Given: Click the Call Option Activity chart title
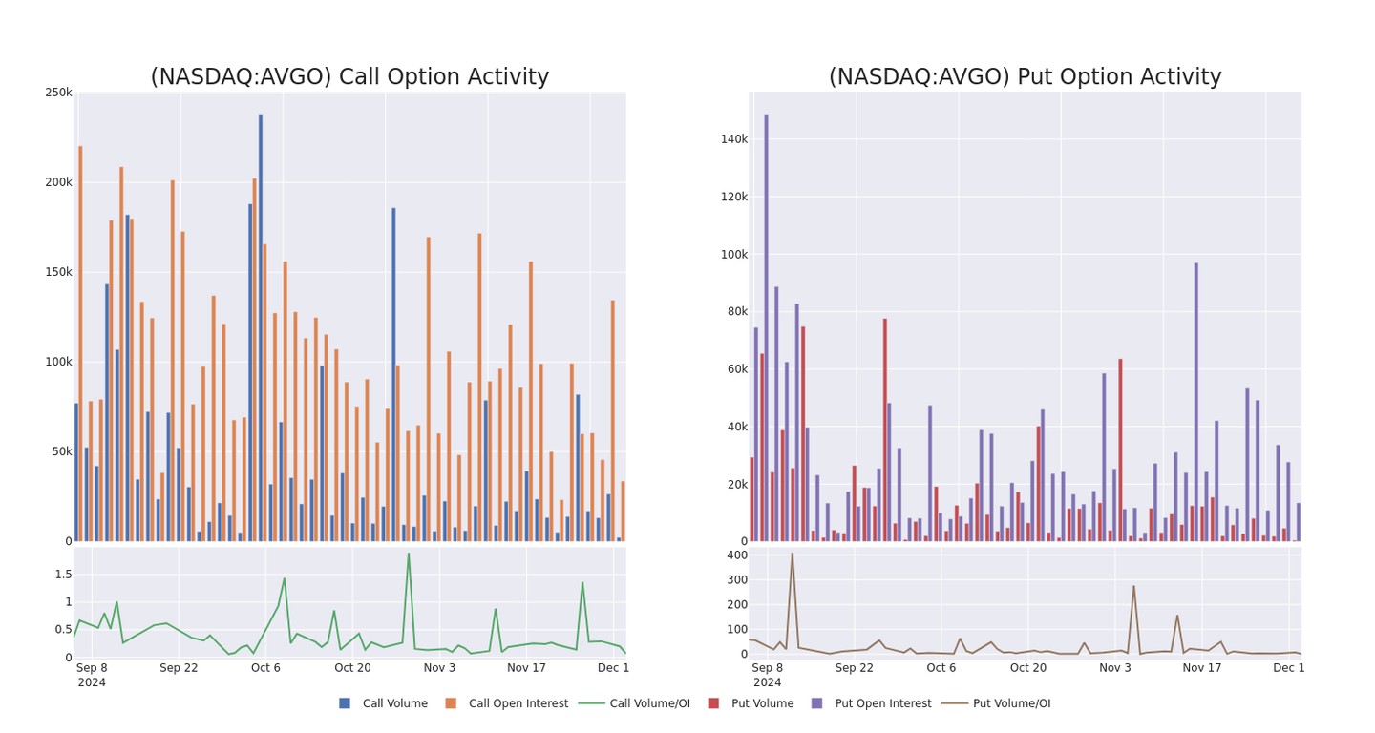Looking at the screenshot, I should pos(349,77).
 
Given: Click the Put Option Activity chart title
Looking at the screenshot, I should pos(1025,77).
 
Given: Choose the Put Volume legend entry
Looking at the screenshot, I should pos(751,703).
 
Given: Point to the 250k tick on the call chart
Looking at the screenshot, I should pos(58,93).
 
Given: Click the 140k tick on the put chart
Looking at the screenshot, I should pos(732,139).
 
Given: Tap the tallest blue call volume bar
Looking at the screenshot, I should pos(261,325).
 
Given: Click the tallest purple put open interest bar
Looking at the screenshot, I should pos(766,325).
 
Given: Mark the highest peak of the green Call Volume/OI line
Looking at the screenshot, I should pos(409,554).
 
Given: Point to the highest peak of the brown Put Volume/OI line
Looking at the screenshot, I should pos(792,554).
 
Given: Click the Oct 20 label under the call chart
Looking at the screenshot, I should pos(352,668).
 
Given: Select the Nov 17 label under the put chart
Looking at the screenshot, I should pos(1202,668).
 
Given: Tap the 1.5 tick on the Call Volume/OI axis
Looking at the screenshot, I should pos(63,575).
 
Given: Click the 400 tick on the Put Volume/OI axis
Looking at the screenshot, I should pos(737,555).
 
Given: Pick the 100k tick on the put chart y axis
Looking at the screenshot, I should pos(732,255).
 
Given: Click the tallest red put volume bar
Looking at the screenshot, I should pos(885,429).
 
